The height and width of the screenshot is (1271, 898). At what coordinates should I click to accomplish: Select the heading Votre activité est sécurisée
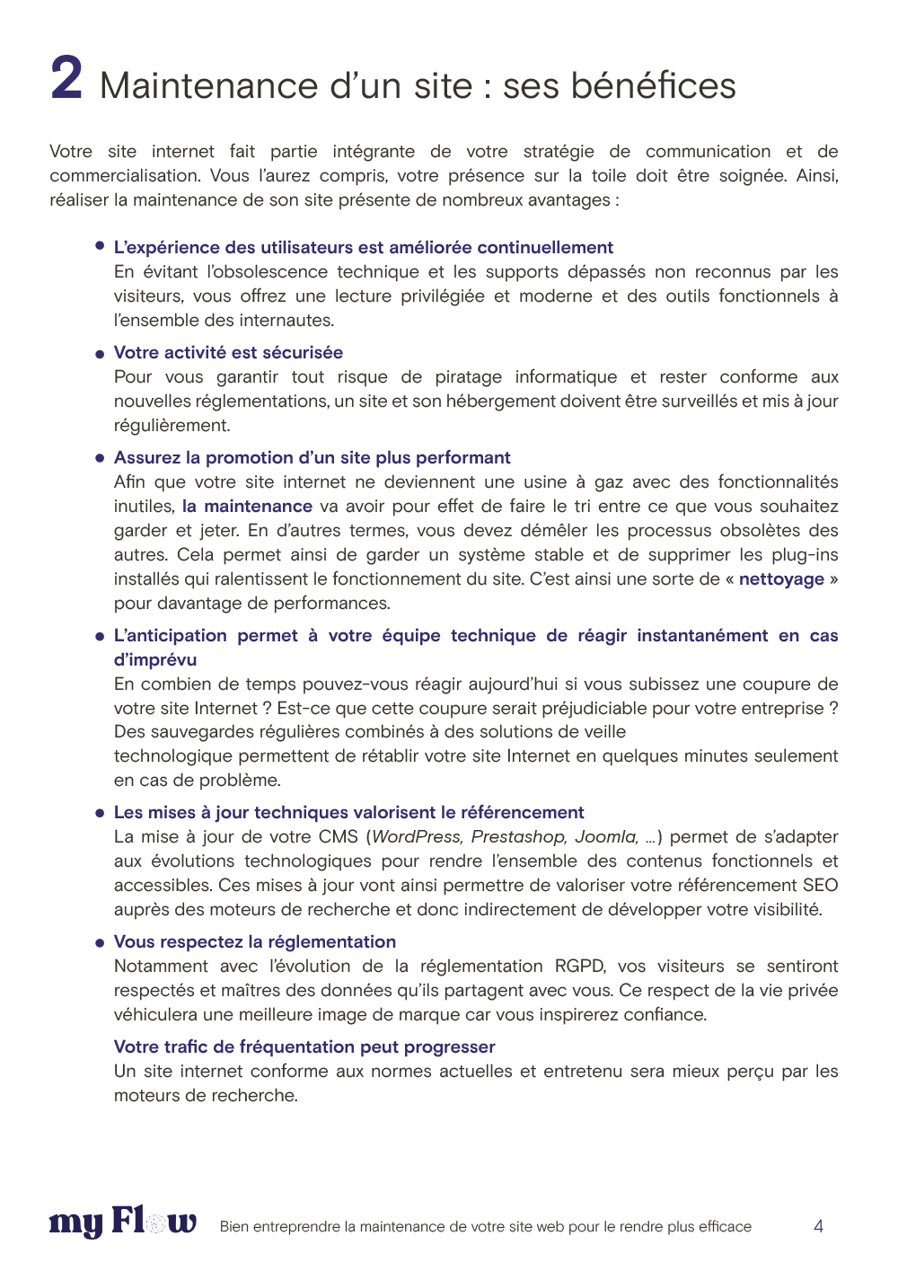(228, 353)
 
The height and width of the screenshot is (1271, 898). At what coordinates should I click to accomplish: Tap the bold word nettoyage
(781, 579)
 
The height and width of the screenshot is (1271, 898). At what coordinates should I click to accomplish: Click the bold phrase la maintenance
(247, 507)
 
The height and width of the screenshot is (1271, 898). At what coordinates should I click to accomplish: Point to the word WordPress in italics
(418, 837)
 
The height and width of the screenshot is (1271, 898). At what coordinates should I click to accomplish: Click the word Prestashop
(518, 837)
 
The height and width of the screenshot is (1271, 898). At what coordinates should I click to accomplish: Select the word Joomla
(606, 837)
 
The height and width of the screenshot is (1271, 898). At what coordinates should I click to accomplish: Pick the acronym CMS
(339, 837)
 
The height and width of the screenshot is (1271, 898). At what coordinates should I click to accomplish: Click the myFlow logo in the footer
(123, 1222)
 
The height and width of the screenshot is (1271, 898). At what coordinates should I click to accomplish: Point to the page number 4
(818, 1226)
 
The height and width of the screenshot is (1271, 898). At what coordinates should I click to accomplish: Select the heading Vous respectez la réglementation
(255, 942)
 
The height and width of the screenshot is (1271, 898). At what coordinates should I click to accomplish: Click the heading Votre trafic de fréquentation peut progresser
(304, 1047)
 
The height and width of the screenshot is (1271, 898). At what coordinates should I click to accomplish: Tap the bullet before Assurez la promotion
(100, 458)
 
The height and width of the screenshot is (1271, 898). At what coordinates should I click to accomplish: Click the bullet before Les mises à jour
(100, 813)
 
